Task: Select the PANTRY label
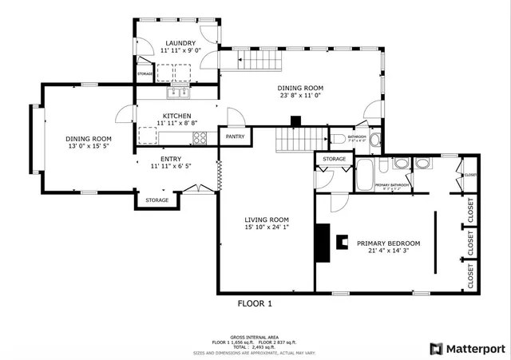(235, 136)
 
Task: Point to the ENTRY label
(172, 159)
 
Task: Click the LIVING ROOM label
(266, 220)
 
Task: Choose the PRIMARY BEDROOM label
(388, 243)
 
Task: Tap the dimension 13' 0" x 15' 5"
(89, 146)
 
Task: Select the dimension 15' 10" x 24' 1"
(266, 227)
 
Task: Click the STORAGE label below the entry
(156, 200)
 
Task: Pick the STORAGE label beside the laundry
(145, 74)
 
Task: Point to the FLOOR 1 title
(255, 303)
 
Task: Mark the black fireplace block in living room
(322, 243)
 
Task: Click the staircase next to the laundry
(255, 59)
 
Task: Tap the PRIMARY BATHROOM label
(393, 185)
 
